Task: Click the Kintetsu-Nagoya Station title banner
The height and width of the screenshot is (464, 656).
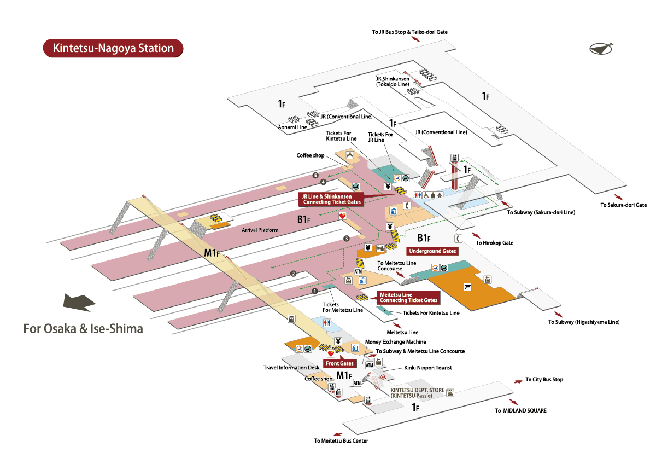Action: [x=113, y=48]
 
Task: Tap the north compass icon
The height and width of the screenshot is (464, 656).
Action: [x=601, y=49]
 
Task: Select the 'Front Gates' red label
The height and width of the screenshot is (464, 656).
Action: [x=339, y=363]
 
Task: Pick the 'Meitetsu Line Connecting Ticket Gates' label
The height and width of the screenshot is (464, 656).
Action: [x=408, y=298]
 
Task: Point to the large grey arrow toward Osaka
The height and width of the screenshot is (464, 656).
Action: [x=80, y=301]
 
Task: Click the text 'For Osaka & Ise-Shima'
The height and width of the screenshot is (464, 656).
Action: [x=83, y=329]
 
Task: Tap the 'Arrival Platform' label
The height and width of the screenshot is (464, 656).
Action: [x=260, y=230]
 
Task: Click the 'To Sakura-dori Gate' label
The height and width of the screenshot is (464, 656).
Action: [x=623, y=205]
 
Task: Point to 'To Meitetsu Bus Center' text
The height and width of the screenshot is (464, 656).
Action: [x=341, y=441]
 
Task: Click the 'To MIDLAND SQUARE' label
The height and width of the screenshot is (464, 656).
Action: [x=520, y=410]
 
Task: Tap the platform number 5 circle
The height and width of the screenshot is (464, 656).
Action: [x=315, y=175]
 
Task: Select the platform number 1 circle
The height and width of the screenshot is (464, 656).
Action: [x=314, y=291]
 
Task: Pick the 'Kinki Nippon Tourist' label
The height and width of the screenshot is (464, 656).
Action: [x=428, y=368]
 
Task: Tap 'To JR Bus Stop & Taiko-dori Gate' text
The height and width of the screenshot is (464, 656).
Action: [x=410, y=32]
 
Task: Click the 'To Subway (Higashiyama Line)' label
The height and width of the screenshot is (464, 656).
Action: [x=584, y=322]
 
